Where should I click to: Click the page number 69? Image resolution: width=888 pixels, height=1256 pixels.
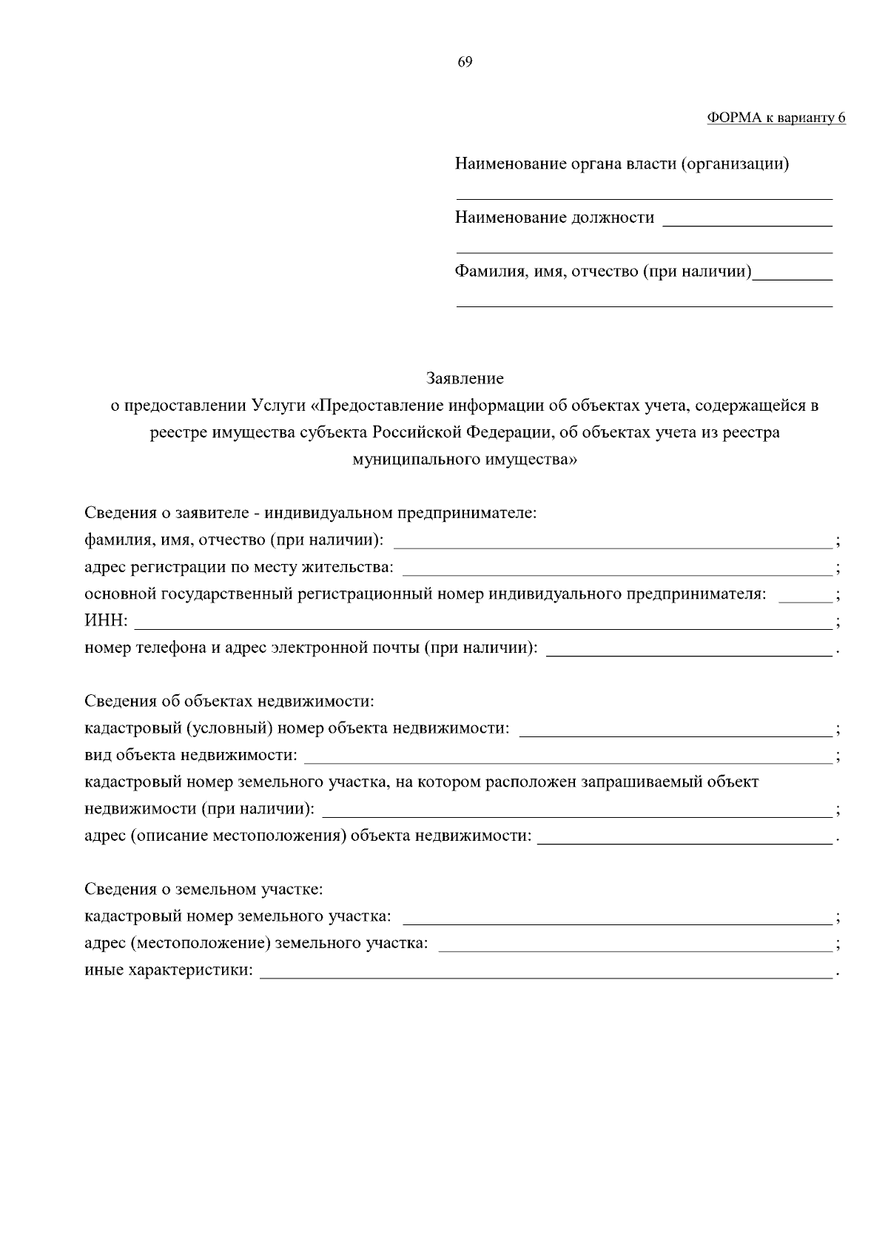tap(465, 62)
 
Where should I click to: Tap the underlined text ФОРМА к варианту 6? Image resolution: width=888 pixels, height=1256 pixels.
tap(776, 118)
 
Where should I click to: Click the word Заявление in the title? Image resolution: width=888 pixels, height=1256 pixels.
tap(465, 379)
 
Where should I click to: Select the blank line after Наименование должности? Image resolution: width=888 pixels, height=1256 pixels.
tap(747, 221)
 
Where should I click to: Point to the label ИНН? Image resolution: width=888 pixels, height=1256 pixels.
tap(106, 621)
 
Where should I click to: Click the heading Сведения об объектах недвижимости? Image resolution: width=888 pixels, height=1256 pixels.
tap(229, 701)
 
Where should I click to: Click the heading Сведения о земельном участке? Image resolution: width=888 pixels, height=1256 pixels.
tap(203, 889)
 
